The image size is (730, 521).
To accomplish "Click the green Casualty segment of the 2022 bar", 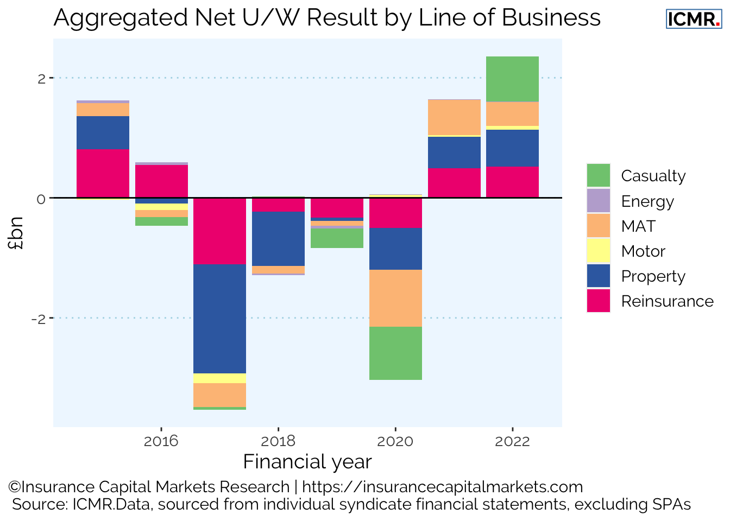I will [512, 79].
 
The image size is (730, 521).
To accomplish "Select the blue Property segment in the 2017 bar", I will [219, 319].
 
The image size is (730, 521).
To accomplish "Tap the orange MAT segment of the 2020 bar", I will [395, 298].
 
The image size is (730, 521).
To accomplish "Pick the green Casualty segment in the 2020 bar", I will [395, 353].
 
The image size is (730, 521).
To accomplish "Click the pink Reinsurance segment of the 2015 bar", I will [103, 173].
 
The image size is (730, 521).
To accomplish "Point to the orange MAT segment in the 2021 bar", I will [454, 117].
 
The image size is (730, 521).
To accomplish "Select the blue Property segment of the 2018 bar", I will [278, 238].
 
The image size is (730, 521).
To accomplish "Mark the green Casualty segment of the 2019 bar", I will [337, 238].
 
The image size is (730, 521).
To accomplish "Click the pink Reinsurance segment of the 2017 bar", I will [219, 231].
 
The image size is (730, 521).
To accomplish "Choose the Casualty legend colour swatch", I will [599, 176].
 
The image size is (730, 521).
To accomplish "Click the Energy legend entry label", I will [647, 201].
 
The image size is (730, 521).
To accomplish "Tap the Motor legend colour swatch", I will [599, 251].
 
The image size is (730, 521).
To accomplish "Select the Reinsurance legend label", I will [667, 301].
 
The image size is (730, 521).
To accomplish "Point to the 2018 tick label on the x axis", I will [278, 441].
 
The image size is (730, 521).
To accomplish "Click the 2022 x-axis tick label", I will [512, 441].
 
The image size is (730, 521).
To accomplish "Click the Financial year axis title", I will [307, 462].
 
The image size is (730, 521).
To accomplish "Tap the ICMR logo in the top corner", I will [694, 19].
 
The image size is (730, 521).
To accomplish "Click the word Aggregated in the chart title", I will [121, 18].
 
